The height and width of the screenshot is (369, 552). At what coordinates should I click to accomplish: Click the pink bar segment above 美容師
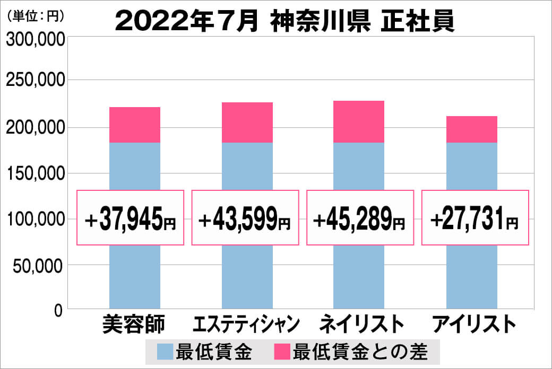click(134, 125)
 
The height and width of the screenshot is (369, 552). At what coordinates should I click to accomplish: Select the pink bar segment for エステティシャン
click(247, 122)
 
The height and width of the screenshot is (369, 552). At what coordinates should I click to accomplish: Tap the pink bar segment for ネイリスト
click(359, 121)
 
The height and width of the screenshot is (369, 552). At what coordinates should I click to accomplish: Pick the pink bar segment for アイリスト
click(471, 129)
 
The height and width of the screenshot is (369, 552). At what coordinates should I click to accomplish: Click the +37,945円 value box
click(131, 218)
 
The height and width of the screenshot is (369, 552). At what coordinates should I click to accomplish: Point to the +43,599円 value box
click(245, 218)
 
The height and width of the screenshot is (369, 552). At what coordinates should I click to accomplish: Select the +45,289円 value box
click(360, 218)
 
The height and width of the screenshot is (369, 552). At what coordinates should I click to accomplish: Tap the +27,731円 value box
click(475, 218)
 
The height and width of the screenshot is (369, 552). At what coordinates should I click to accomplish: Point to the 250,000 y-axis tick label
click(34, 81)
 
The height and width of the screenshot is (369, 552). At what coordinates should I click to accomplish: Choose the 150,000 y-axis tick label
click(34, 173)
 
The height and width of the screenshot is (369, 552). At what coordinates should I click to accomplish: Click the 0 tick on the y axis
click(58, 310)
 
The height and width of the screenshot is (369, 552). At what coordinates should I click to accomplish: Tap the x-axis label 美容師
click(134, 324)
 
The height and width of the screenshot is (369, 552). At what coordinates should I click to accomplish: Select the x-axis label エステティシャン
click(246, 324)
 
